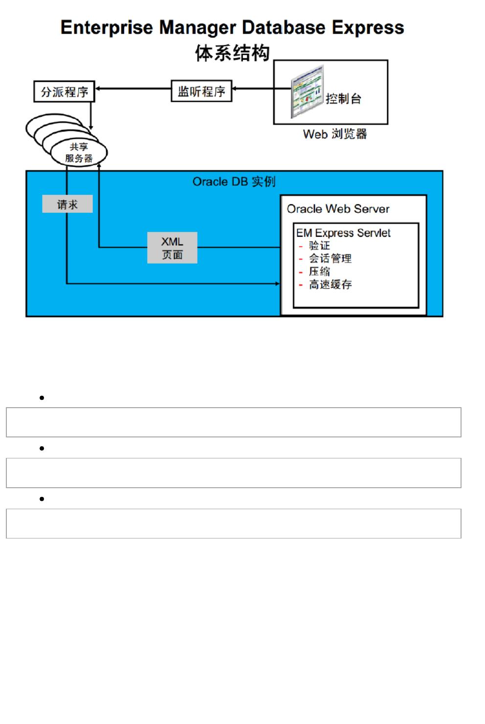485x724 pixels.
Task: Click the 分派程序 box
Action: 64,91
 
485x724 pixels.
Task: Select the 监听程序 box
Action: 201,91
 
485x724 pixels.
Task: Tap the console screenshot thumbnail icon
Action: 307,92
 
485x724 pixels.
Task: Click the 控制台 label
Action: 343,99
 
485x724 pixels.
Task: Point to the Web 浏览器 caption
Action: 335,134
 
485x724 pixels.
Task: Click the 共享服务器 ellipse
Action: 79,152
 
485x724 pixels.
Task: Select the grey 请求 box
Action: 67,204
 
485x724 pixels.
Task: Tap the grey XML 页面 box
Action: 172,248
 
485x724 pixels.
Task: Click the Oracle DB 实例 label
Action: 234,182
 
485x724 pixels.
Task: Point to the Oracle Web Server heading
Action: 338,209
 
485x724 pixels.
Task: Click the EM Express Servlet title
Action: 343,233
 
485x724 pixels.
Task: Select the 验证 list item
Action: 319,246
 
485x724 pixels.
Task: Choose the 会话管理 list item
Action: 330,258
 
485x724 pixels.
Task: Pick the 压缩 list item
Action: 319,271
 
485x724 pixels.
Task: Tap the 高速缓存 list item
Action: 330,284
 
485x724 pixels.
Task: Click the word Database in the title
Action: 284,27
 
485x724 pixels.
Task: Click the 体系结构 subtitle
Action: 232,53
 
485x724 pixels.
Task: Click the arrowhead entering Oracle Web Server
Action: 278,284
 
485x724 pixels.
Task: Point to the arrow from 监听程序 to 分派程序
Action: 133,88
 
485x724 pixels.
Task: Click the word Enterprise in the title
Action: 107,28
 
